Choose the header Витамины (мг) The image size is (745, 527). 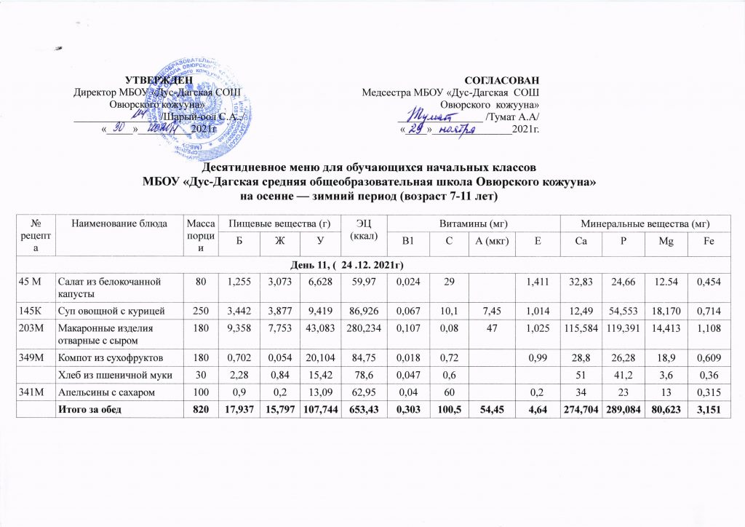click(x=473, y=222)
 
